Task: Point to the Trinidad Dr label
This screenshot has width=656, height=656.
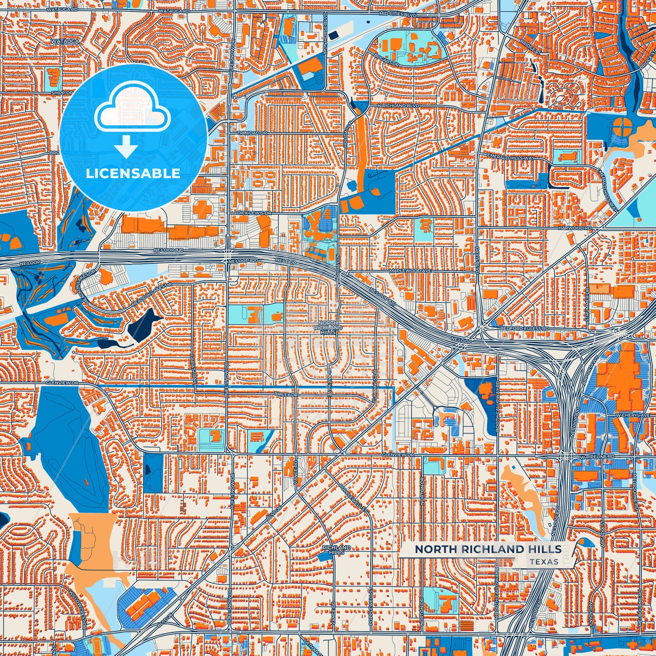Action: click(253, 133)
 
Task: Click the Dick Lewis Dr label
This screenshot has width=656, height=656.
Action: click(254, 212)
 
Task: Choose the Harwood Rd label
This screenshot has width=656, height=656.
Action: click(575, 228)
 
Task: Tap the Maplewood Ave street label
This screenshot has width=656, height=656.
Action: click(410, 271)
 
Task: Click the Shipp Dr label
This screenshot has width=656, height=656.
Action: click(62, 93)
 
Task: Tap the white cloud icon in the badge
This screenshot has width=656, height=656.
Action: click(133, 111)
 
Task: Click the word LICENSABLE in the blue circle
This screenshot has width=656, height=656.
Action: click(133, 173)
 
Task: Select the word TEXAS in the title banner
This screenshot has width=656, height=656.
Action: click(544, 562)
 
